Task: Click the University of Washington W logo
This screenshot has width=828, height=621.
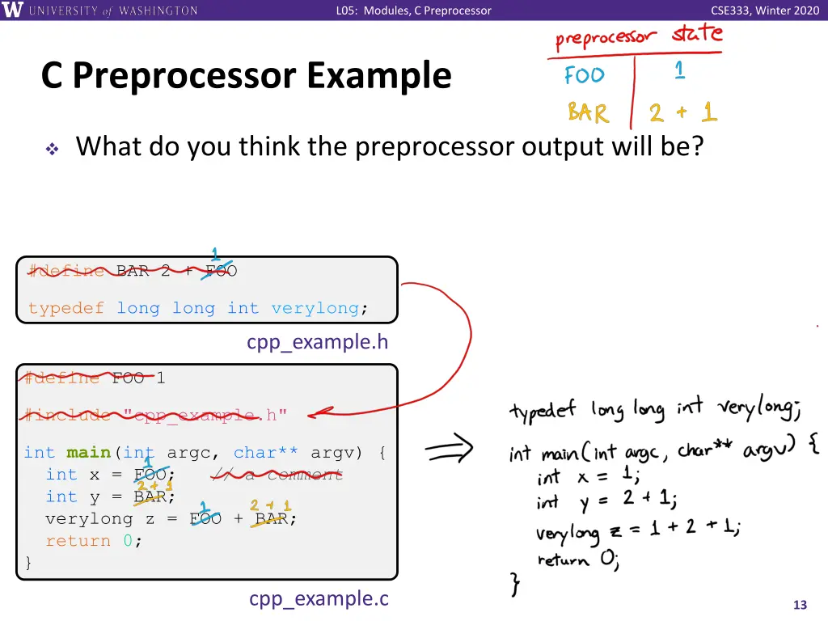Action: (x=13, y=11)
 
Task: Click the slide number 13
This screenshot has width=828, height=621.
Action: (x=801, y=605)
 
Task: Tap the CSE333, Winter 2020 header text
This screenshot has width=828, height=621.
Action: (x=764, y=11)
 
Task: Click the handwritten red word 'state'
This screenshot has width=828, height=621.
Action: (x=697, y=34)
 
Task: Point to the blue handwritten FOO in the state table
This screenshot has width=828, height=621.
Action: (x=584, y=75)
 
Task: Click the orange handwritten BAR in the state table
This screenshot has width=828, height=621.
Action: (x=588, y=112)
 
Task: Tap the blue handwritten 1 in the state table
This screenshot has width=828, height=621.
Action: (x=679, y=71)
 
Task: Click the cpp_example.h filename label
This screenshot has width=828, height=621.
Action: (x=317, y=342)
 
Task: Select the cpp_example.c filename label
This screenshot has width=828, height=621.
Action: (x=319, y=598)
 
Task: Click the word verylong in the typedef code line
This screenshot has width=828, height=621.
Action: (x=315, y=308)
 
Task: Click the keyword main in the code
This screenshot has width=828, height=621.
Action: (x=88, y=453)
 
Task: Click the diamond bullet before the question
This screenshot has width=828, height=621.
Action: (x=52, y=150)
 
